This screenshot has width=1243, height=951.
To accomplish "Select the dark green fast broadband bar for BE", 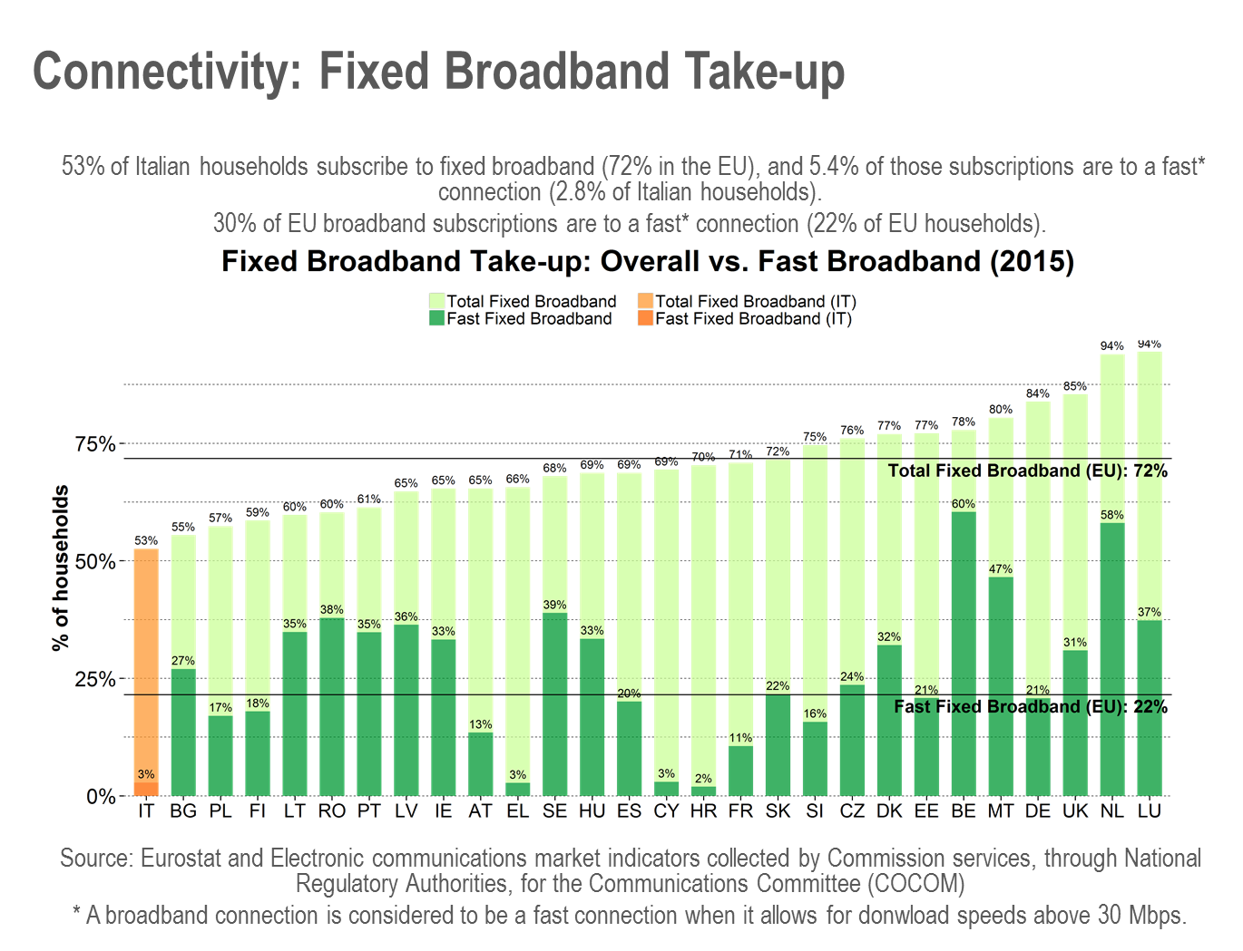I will (964, 653).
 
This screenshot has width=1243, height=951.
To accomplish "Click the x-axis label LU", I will (1150, 811).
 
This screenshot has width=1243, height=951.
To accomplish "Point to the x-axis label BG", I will (183, 811).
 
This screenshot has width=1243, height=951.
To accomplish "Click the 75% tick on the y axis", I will (95, 444).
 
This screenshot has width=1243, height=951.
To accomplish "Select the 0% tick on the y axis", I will (101, 797).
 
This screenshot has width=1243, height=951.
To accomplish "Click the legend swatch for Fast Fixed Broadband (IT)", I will (645, 319).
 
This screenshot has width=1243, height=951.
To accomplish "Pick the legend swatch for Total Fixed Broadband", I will (436, 301).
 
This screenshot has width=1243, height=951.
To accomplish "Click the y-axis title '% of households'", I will (61, 568).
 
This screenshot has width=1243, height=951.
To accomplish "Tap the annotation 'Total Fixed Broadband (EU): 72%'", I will (1027, 471).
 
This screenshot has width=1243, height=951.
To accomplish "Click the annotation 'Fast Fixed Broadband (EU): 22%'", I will (1030, 707).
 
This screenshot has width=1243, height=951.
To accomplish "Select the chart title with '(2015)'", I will (647, 262).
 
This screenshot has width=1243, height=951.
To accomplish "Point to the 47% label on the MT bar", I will (1001, 569).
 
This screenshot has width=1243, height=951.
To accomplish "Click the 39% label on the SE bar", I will (554, 606).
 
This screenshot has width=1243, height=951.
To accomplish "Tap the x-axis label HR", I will (703, 811).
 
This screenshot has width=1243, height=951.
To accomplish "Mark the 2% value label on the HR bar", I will (703, 780).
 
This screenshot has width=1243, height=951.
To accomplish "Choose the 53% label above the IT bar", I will (146, 541).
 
